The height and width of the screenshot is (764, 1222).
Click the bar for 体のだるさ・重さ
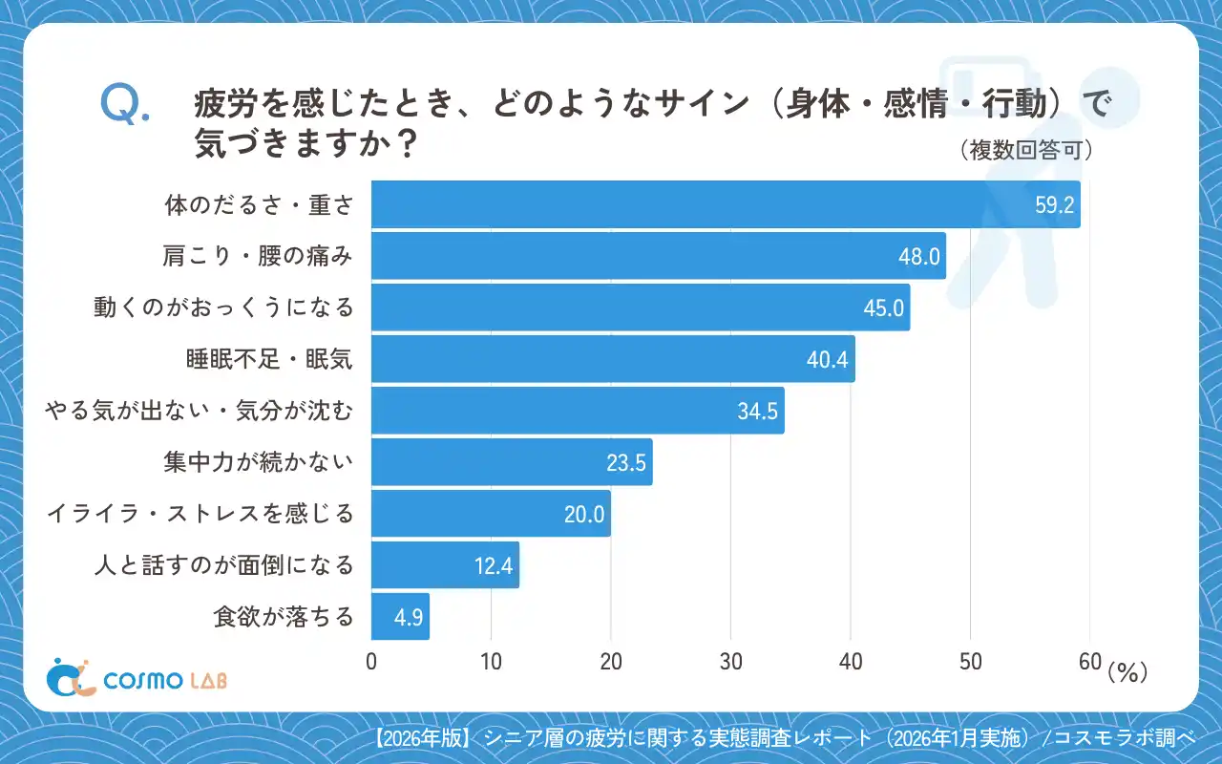[726, 204]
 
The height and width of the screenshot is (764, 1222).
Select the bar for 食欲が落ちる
[400, 616]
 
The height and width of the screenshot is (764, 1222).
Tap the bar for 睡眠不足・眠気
[613, 359]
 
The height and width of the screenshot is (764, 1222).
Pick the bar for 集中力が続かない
[512, 462]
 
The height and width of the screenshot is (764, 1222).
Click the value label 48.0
[920, 256]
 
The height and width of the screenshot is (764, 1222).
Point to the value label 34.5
[759, 412]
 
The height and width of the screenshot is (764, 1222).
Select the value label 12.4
[494, 566]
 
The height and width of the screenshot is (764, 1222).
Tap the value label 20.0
[584, 515]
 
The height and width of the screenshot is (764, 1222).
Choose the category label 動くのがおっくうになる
[223, 308]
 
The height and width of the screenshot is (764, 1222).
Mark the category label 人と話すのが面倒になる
[223, 565]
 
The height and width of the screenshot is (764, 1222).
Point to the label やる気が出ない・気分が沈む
[200, 411]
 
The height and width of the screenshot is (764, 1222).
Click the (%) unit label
[1127, 673]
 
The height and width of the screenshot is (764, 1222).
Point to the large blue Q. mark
[124, 104]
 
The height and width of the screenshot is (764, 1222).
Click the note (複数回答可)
[1024, 151]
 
